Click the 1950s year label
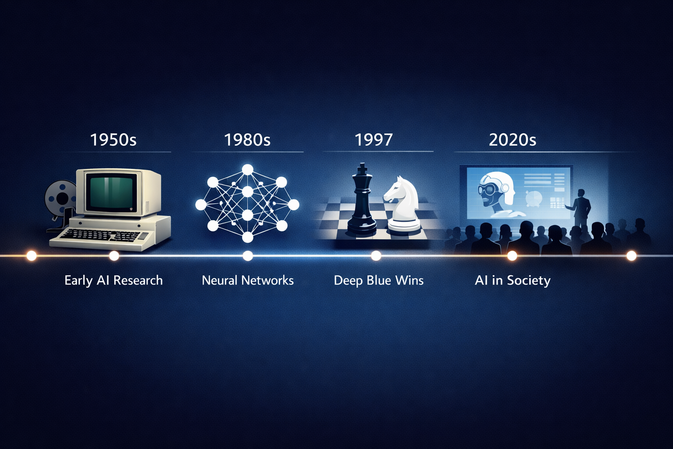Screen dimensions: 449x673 [x=113, y=140]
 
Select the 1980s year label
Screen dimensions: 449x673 [x=247, y=140]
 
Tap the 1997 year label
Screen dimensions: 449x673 [x=373, y=140]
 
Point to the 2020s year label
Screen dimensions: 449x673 [x=512, y=140]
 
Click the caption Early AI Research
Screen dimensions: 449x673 [x=113, y=280]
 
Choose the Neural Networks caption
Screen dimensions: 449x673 [x=248, y=280]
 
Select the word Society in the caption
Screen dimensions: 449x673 [x=528, y=281]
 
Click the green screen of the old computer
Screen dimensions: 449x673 [x=110, y=192]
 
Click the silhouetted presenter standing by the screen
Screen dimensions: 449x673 [x=581, y=208]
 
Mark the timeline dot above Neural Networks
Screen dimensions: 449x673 [x=248, y=256]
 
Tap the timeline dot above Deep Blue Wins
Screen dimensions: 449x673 [x=375, y=256]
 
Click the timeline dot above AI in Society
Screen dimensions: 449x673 [x=512, y=256]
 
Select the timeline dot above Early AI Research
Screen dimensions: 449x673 [x=114, y=256]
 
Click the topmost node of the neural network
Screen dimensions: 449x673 [x=248, y=169]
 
